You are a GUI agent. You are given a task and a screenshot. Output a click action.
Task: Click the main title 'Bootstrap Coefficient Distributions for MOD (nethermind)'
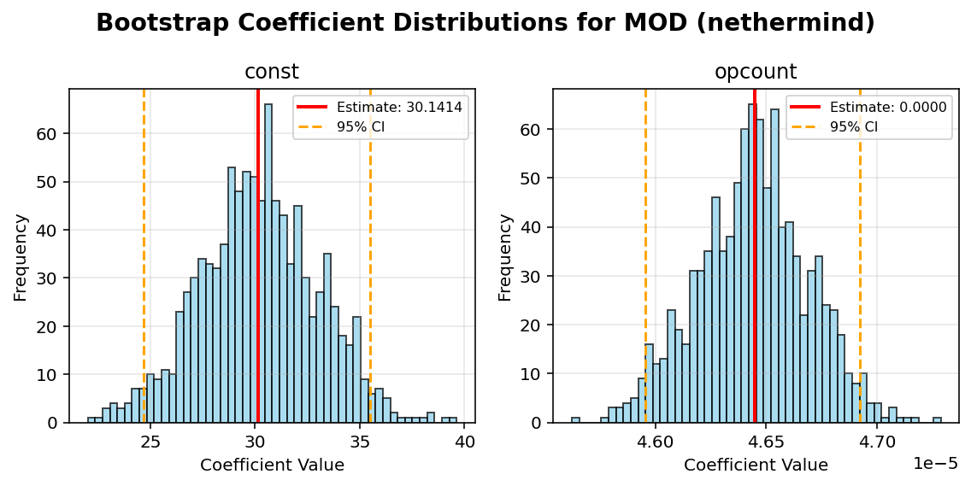tap(486, 23)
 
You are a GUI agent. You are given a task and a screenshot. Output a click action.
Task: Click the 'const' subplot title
tap(272, 73)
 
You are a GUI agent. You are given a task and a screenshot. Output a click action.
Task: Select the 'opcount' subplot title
tap(756, 73)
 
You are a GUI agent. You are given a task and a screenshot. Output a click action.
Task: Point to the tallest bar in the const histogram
tap(268, 256)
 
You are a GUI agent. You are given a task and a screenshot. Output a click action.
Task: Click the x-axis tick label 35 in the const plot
tap(360, 442)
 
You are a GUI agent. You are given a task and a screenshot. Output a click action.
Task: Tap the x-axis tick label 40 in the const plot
tap(465, 442)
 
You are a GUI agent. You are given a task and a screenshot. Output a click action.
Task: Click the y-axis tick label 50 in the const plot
tap(50, 182)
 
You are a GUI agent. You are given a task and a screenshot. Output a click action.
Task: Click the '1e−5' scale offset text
tap(935, 464)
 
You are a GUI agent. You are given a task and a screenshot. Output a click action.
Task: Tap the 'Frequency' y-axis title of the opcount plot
tap(505, 256)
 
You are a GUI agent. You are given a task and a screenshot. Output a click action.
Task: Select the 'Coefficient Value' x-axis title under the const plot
tap(272, 466)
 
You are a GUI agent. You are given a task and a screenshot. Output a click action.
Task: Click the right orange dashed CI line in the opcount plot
tap(860, 256)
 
